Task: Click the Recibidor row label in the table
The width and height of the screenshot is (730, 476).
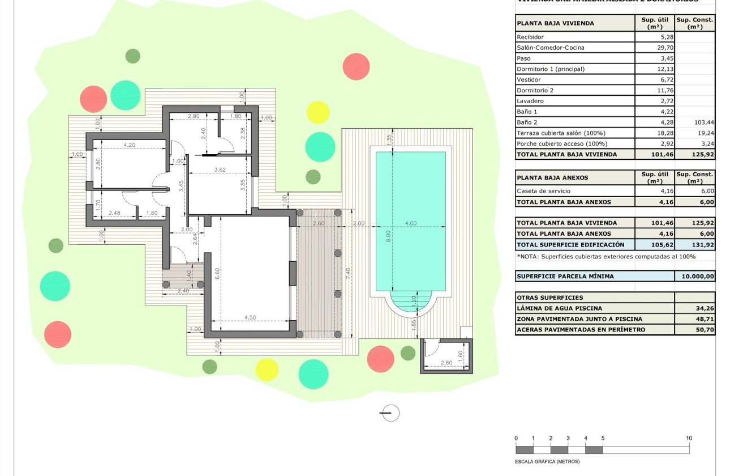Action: coord(530,37)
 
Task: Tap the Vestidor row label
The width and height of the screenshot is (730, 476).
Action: coord(529,80)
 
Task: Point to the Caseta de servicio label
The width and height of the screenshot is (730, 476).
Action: coord(543,192)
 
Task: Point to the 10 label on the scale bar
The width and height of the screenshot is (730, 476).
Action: coord(689,438)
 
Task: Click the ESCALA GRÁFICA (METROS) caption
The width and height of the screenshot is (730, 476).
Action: coord(547,461)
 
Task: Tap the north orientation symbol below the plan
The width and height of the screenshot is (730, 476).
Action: coord(390,414)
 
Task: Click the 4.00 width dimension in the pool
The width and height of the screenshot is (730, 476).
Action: coord(411,223)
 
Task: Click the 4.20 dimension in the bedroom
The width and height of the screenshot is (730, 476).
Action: coord(130,145)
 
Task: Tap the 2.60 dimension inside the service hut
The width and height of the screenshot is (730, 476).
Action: coord(446,363)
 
